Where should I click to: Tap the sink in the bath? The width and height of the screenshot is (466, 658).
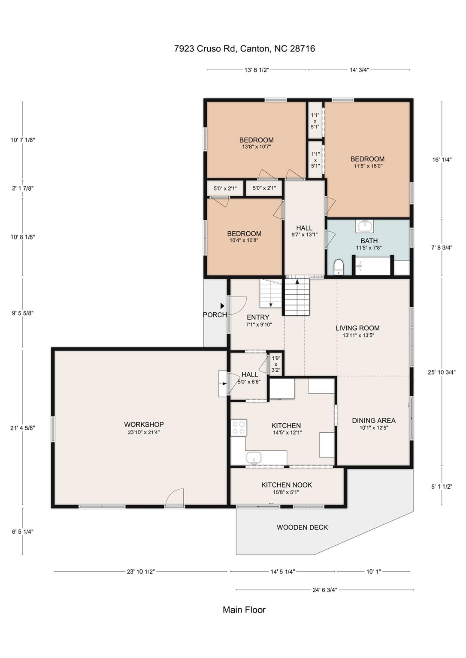tap(364, 226)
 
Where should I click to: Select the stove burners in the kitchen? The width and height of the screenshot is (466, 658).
tap(239, 428)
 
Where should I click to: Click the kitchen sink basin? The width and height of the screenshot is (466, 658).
tap(254, 458)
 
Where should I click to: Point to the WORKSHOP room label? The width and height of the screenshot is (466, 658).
tap(144, 425)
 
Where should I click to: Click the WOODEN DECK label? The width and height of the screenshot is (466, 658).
tap(303, 527)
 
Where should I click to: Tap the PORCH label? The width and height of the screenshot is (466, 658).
tap(215, 314)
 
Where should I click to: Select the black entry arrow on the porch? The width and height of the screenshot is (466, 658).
tap(222, 306)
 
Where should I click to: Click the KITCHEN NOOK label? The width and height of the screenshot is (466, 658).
tap(287, 485)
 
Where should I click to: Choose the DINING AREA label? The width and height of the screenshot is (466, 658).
tap(374, 420)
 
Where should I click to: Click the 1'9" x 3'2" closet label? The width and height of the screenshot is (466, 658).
tap(276, 364)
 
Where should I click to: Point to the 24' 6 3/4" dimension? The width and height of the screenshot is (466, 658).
tap(325, 589)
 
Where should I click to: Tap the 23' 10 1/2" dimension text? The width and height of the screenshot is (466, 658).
tap(141, 571)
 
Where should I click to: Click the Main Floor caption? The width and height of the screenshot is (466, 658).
tap(244, 610)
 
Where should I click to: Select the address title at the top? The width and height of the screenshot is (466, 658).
tap(245, 48)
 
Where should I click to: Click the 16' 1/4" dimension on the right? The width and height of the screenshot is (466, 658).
tap(442, 159)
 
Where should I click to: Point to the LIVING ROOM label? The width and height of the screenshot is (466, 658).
tap(357, 328)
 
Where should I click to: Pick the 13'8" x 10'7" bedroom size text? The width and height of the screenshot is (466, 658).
tap(256, 147)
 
